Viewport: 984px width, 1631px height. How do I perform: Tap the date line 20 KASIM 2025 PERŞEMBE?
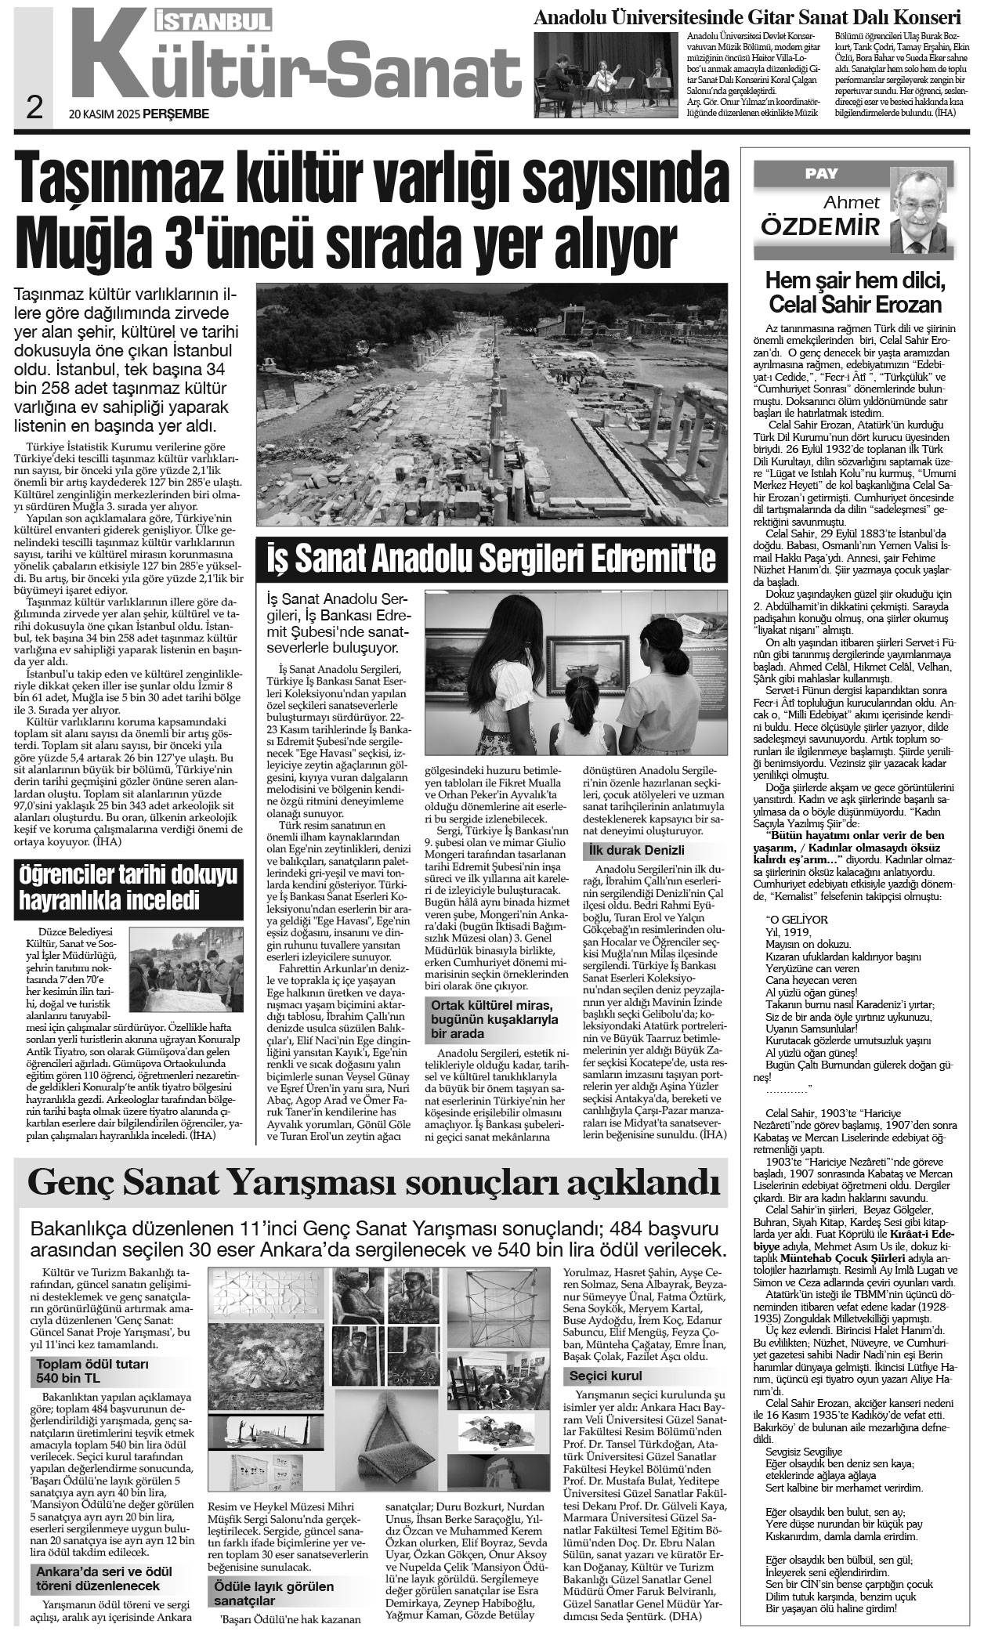[x=139, y=114]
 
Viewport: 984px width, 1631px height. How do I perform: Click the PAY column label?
[x=821, y=174]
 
